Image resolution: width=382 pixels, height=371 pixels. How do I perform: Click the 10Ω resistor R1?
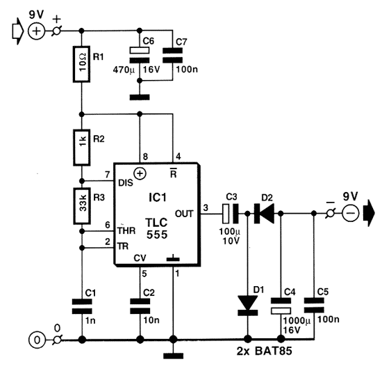[82, 64]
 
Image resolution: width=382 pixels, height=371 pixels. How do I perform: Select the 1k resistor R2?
[82, 148]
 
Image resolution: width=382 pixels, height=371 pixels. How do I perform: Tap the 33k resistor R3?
[82, 206]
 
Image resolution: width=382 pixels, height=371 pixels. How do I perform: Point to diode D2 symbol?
[264, 214]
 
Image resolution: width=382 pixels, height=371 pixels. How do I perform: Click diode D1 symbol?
[247, 306]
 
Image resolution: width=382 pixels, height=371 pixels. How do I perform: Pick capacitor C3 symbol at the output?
[231, 214]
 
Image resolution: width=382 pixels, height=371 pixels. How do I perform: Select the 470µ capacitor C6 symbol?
[140, 56]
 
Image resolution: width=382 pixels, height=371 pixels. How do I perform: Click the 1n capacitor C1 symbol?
[82, 306]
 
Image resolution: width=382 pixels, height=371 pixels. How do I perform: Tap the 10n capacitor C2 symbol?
[140, 306]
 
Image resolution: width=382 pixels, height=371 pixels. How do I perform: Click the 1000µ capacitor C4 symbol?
[281, 306]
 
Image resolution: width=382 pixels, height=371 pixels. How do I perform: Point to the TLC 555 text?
[157, 228]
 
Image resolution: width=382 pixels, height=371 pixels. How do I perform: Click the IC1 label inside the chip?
[158, 197]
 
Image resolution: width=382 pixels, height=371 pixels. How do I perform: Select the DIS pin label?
[126, 182]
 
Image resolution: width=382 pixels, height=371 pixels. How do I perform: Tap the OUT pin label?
[184, 214]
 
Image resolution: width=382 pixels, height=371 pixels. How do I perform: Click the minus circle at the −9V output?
[350, 213]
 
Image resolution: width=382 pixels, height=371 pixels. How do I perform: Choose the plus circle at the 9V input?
[37, 31]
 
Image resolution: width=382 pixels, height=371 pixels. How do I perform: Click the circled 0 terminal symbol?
[37, 340]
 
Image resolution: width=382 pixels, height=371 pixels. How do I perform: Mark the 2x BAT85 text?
[264, 352]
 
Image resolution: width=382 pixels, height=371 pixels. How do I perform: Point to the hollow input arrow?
[18, 31]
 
